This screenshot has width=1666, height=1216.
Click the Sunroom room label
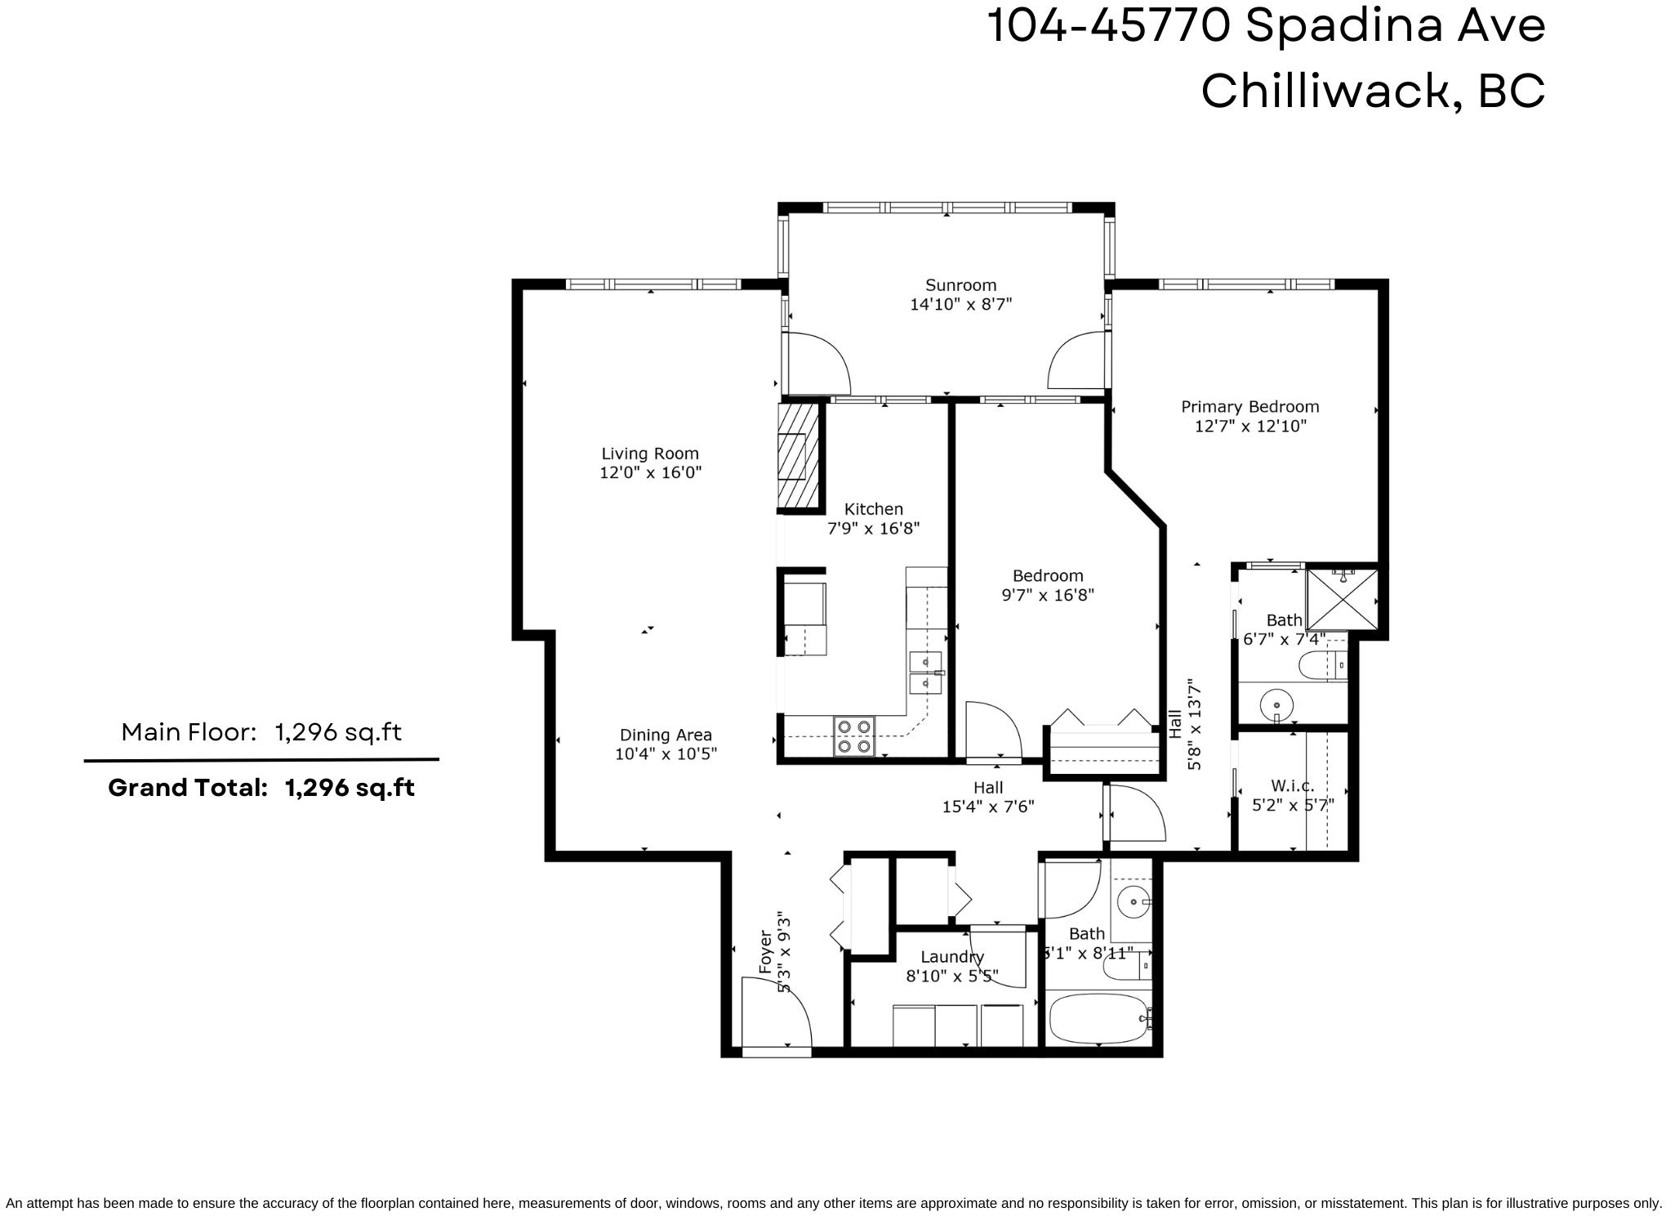point(960,285)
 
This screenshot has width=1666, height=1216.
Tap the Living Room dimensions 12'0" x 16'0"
point(651,472)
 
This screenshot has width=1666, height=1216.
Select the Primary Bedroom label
point(1249,407)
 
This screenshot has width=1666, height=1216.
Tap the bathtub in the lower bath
point(1099,1019)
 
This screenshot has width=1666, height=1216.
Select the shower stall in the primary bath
point(1342,599)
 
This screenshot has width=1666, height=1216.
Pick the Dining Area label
point(666,735)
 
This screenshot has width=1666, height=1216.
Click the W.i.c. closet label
point(1293,786)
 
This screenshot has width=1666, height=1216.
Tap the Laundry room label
point(952,957)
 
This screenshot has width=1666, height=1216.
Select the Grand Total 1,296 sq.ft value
point(350,788)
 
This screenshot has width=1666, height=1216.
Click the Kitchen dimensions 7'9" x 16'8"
point(874,528)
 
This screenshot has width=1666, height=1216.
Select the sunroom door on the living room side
point(817,364)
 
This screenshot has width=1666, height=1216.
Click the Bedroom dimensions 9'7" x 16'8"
point(1048,595)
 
